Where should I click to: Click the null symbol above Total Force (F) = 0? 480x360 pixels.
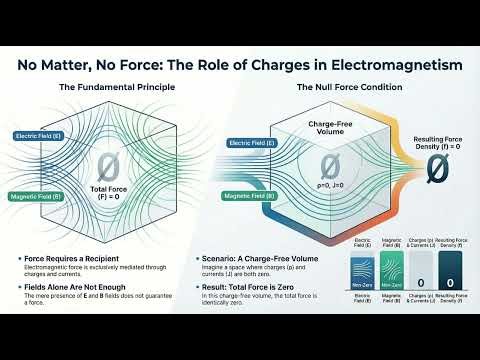pos(109,166)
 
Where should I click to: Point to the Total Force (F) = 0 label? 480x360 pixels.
pos(109,192)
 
